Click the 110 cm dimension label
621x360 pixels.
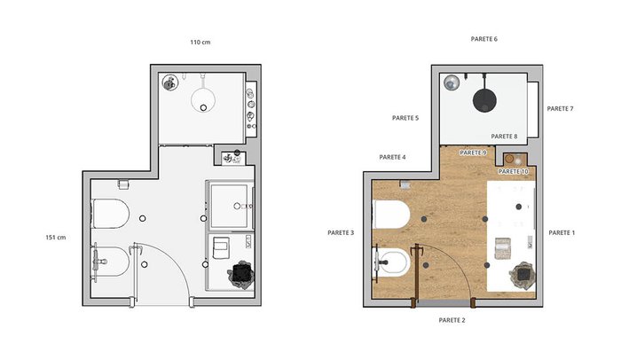point(200,42)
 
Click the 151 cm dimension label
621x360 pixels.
point(55,238)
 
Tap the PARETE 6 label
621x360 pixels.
point(484,39)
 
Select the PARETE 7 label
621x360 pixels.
point(560,108)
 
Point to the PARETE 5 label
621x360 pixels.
point(405,118)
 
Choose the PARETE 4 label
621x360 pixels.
point(392,157)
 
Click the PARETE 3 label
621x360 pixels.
point(341,233)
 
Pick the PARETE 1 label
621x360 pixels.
point(562,233)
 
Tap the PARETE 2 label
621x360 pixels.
point(452,320)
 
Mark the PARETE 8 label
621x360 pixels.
point(504,137)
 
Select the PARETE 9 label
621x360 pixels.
point(473,153)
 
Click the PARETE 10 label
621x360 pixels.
point(513,171)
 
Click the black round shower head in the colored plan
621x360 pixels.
point(484,99)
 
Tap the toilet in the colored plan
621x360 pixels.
point(391,215)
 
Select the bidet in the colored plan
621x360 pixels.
point(392,262)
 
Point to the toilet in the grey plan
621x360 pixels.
point(111,214)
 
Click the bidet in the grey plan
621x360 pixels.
point(111,262)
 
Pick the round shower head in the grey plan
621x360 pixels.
point(203,100)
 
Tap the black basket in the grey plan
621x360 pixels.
point(240,273)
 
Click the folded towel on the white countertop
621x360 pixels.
point(503,248)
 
